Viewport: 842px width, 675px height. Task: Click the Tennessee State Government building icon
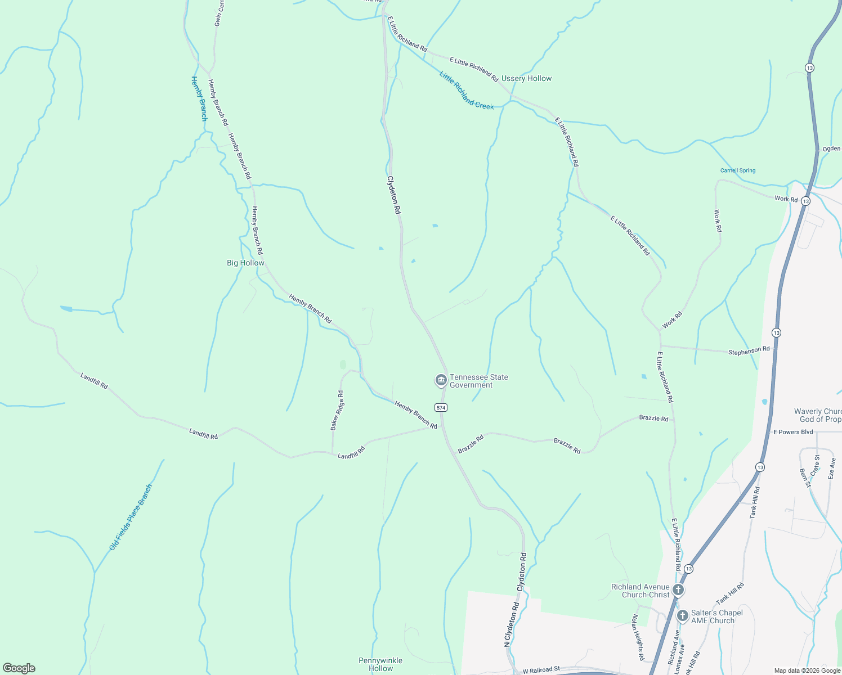441,381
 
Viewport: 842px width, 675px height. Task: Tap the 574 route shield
441,407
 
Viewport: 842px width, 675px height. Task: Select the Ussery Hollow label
526,79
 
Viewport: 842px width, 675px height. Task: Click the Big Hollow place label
245,263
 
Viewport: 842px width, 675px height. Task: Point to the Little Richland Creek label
467,91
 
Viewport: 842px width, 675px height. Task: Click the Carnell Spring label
738,170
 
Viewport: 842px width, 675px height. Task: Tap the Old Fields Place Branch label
131,517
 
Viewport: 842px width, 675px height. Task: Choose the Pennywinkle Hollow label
380,664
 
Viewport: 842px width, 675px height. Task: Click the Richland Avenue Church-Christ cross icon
678,590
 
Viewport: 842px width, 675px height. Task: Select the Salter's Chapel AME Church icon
682,616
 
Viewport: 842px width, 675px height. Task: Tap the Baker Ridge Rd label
337,411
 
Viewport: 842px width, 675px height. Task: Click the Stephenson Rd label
749,351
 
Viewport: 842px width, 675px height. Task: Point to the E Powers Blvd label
793,432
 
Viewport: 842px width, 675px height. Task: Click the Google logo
19,668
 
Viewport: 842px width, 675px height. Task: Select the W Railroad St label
541,670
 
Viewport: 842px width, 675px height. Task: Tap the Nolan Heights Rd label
637,637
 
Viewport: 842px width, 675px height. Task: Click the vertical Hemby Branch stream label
199,98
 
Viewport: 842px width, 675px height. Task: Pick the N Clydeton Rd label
512,624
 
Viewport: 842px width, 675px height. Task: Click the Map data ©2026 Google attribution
807,670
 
